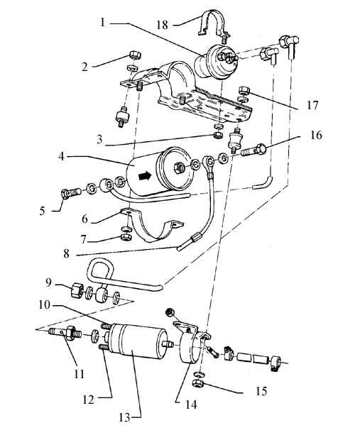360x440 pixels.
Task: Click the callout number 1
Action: (103, 22)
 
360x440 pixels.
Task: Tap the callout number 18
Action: (163, 25)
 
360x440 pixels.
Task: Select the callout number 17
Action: (312, 106)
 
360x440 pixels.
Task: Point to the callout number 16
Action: (316, 136)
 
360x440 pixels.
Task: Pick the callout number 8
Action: (66, 254)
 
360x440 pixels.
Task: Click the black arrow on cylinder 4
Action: (145, 176)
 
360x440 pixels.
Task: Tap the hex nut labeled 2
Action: (136, 55)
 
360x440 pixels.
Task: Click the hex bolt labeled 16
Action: (253, 150)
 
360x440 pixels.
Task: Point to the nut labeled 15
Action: (200, 383)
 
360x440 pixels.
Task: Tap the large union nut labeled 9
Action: (77, 290)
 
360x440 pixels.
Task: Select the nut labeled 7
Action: (126, 237)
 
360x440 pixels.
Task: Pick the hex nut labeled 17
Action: (244, 90)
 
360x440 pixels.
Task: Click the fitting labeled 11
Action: (65, 331)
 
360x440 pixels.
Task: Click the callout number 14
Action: (191, 405)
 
